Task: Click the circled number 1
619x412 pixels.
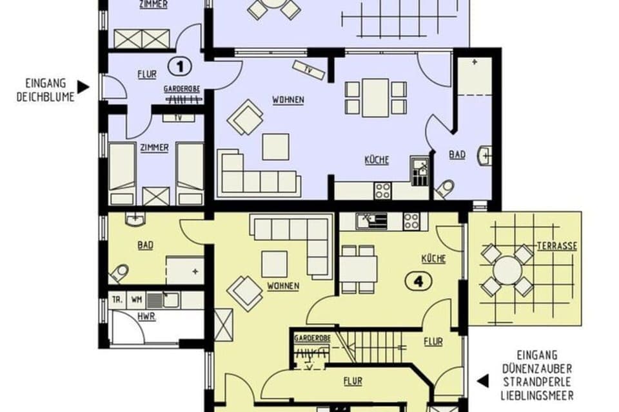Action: point(181,65)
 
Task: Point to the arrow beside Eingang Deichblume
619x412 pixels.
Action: point(83,86)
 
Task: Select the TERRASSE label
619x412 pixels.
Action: point(556,246)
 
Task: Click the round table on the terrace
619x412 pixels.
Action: point(508,270)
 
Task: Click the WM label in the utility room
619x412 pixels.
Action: point(136,299)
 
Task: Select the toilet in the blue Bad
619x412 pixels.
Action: point(445,187)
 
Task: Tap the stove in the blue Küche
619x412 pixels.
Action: point(383,190)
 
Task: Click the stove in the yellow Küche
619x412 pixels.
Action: point(411,221)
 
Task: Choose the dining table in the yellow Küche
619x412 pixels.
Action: point(358,266)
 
